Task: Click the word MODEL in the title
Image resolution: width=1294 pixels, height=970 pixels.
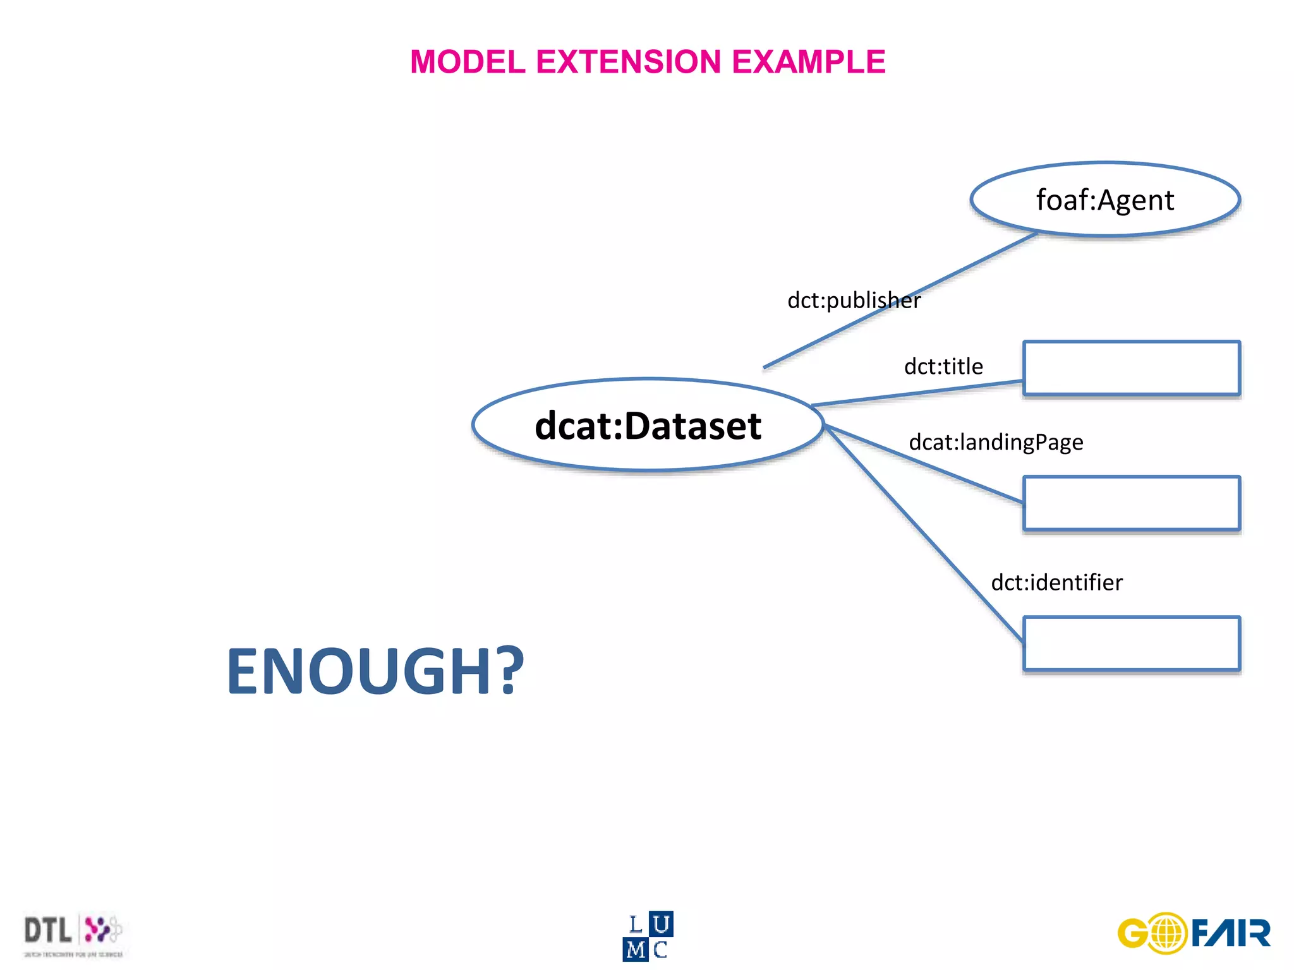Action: click(468, 62)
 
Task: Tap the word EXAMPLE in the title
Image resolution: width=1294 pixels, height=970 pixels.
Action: click(808, 62)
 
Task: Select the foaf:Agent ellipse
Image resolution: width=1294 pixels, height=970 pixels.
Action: click(1105, 200)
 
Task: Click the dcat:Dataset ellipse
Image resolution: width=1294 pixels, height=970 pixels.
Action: click(648, 425)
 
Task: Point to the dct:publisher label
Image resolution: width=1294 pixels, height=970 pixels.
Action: click(854, 300)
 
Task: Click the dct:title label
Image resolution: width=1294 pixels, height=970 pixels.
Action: click(943, 366)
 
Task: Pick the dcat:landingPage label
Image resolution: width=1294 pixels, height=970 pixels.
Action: click(996, 442)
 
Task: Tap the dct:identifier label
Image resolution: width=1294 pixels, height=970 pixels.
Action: click(1056, 582)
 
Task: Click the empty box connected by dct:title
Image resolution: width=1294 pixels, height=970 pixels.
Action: click(1131, 368)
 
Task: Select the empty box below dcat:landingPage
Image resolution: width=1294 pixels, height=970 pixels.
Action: click(1131, 503)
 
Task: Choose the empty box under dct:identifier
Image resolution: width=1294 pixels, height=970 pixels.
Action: click(1131, 644)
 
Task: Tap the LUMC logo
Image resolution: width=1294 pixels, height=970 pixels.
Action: click(648, 936)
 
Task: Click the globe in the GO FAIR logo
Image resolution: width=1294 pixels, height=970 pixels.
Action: click(1168, 933)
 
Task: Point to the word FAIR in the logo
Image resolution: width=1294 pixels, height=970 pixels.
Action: click(1231, 933)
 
